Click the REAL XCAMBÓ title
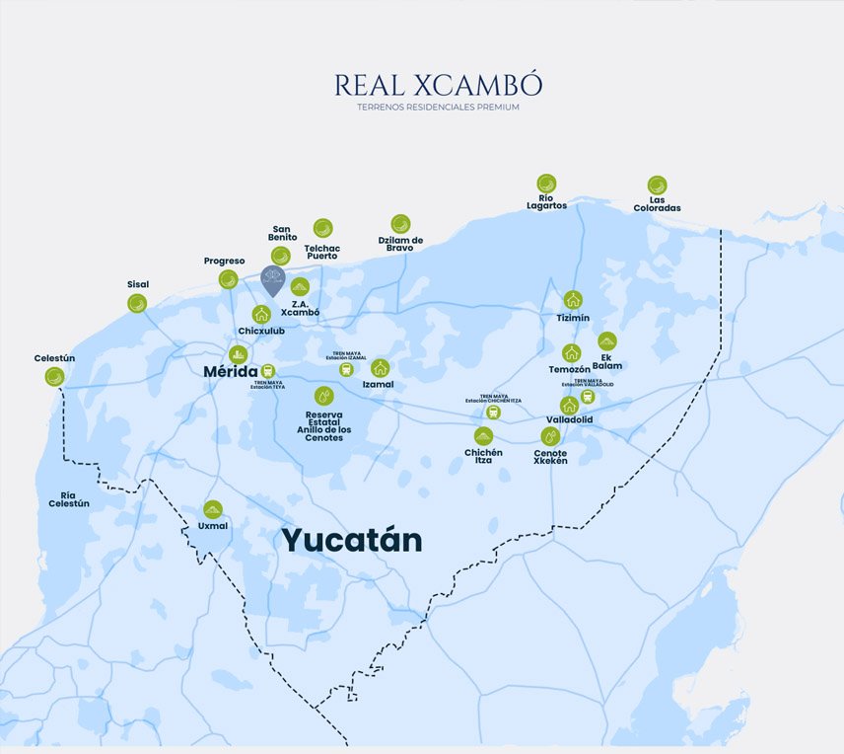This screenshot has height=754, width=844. click(x=438, y=86)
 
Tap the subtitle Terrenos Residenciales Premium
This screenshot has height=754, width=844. click(x=438, y=107)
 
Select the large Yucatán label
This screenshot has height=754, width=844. click(x=352, y=540)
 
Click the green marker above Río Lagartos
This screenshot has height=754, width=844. click(x=546, y=184)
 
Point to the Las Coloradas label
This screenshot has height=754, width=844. click(x=658, y=204)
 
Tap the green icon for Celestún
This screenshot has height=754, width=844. click(x=54, y=376)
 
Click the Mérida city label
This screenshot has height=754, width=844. click(x=230, y=371)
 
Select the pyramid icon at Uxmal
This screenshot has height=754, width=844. click(x=213, y=509)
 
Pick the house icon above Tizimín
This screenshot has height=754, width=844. click(x=573, y=300)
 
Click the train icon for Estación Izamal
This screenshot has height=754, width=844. click(x=346, y=369)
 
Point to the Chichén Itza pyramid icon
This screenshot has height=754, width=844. click(x=483, y=435)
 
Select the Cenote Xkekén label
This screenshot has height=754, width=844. click(x=550, y=457)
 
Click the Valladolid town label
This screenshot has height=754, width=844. click(x=569, y=419)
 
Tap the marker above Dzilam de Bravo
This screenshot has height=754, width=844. click(x=400, y=224)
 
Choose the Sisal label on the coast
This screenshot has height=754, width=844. click(x=138, y=284)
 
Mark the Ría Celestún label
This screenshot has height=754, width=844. click(x=69, y=499)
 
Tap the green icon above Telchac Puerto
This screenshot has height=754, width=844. click(x=322, y=228)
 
